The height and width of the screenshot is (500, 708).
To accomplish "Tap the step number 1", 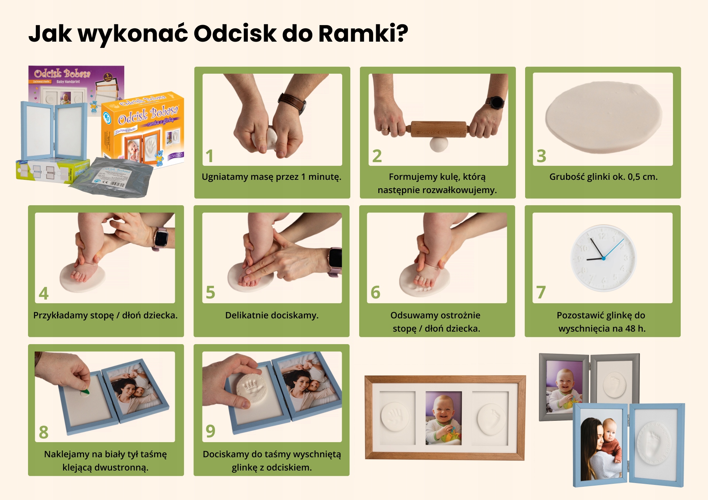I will point(209,156).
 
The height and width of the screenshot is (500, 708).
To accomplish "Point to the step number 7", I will point(541,293).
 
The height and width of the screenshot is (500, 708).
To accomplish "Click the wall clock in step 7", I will point(603,258).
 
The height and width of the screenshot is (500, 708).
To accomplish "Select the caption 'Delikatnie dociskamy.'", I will point(272,315).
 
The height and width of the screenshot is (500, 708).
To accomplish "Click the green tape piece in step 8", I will point(85,392).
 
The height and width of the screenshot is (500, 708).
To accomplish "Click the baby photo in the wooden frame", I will point(443,418).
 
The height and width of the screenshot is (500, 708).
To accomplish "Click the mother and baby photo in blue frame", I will point(600,444).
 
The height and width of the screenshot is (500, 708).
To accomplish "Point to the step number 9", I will point(210,431).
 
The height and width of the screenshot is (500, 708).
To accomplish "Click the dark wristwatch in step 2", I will point(496,102).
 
